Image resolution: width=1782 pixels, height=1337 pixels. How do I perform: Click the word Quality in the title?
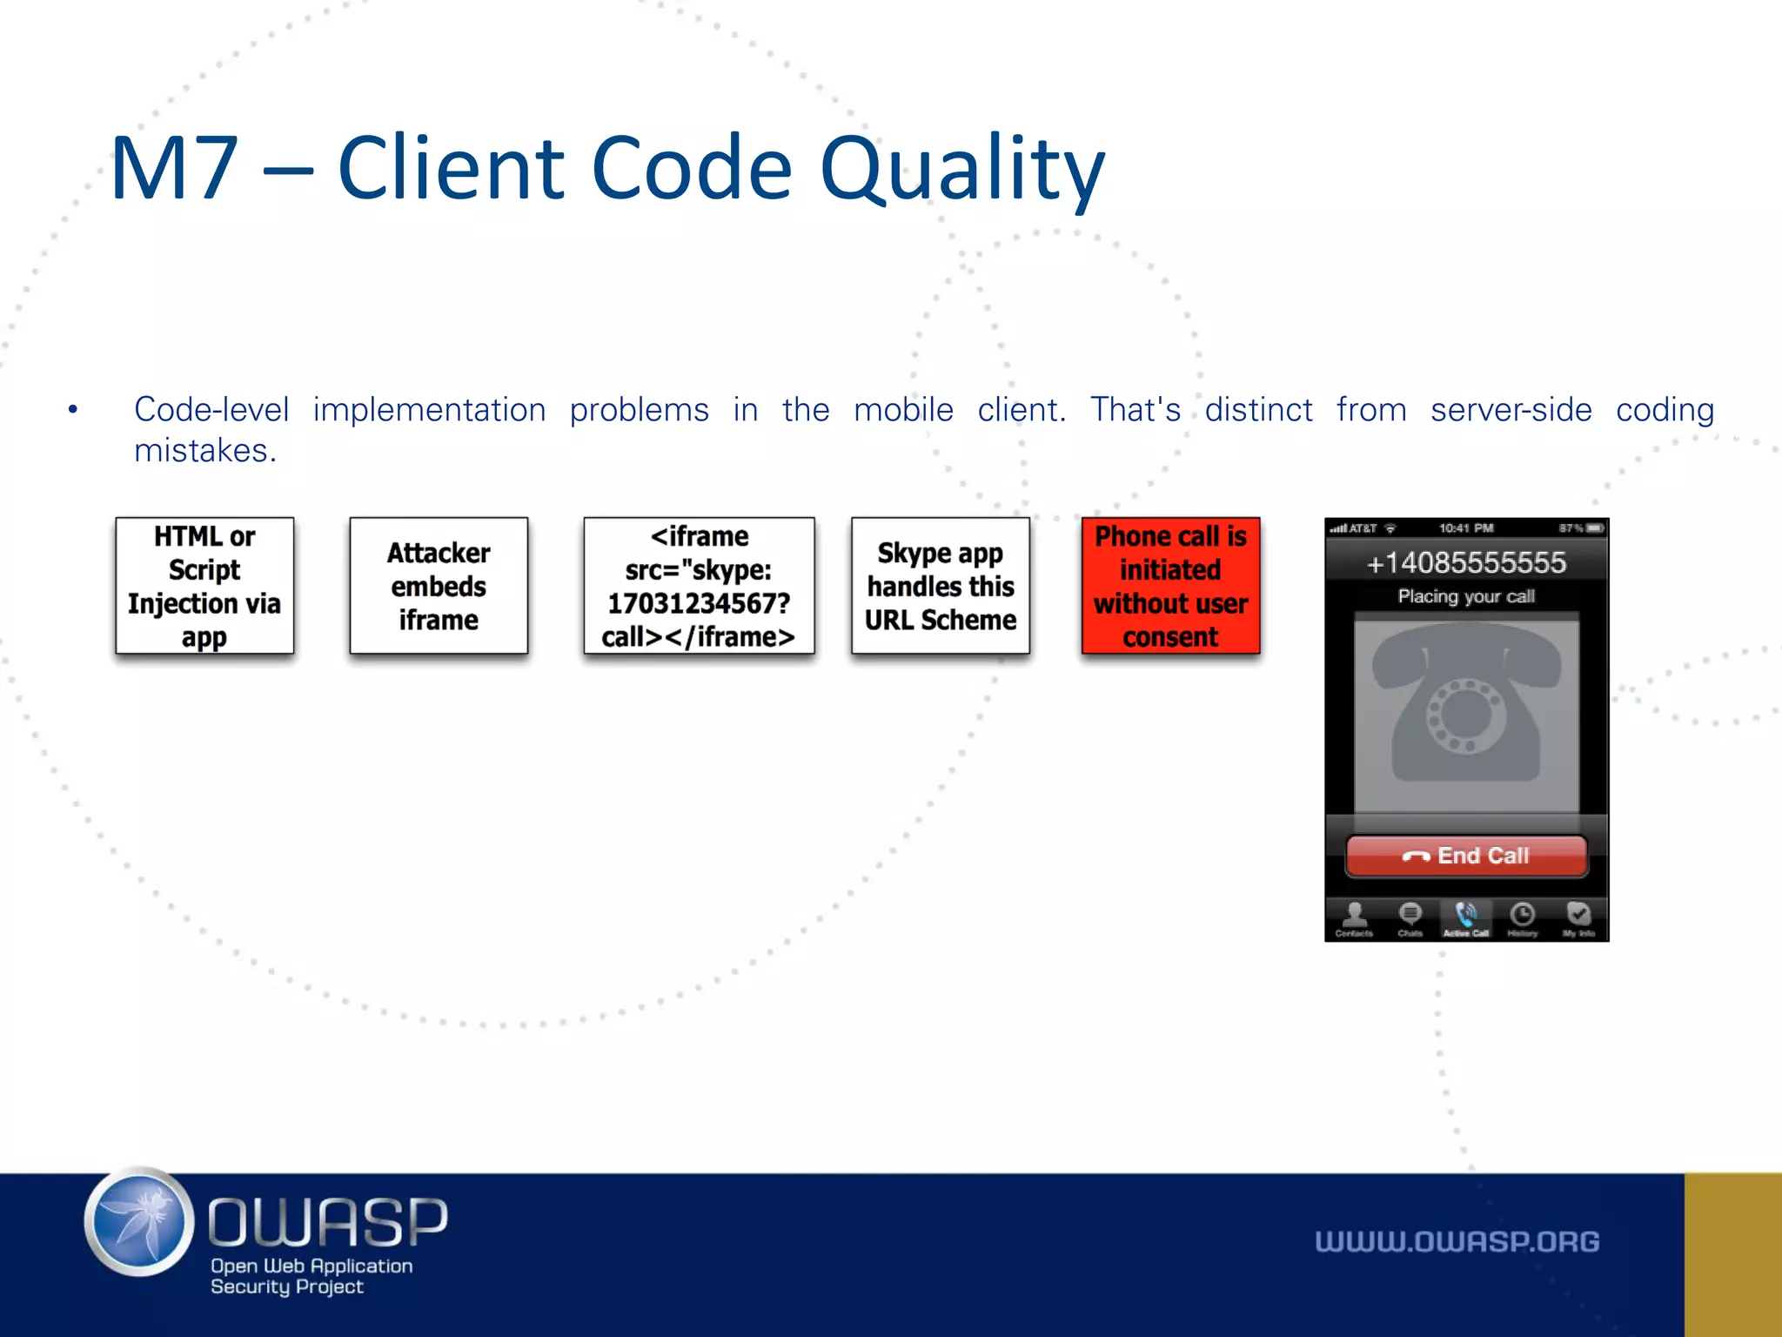coord(961,170)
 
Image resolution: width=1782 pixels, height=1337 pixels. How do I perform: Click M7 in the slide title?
coord(174,170)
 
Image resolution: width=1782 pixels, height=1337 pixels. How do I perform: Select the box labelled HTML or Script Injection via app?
coord(204,586)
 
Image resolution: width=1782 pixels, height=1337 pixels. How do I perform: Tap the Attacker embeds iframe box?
coord(439,586)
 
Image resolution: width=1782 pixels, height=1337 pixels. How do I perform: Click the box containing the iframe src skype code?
coord(699,586)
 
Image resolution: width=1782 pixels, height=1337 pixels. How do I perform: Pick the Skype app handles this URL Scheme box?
coord(940,586)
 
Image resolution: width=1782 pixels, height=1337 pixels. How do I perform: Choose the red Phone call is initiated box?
coord(1170,586)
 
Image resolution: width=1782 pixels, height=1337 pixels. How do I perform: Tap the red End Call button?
coord(1466,856)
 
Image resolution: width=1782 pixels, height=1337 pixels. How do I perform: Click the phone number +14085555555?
coord(1466,563)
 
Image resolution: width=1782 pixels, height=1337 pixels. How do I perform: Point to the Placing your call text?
coord(1466,596)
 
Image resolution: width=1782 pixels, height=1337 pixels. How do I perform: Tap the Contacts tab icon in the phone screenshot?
coord(1354,916)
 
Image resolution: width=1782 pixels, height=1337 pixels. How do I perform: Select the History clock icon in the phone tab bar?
coord(1522,916)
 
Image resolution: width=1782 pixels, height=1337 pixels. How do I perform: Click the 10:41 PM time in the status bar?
coord(1466,528)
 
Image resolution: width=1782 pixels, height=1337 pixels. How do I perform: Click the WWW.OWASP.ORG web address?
coord(1457,1241)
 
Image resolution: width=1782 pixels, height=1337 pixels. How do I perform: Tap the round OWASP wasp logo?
coord(139,1222)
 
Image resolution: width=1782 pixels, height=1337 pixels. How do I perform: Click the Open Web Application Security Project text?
coord(310,1276)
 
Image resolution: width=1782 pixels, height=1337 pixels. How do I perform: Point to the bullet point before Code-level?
coord(73,409)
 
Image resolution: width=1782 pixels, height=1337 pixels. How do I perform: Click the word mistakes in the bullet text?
coord(204,451)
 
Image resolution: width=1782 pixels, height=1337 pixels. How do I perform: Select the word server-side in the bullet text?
coord(1511,409)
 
